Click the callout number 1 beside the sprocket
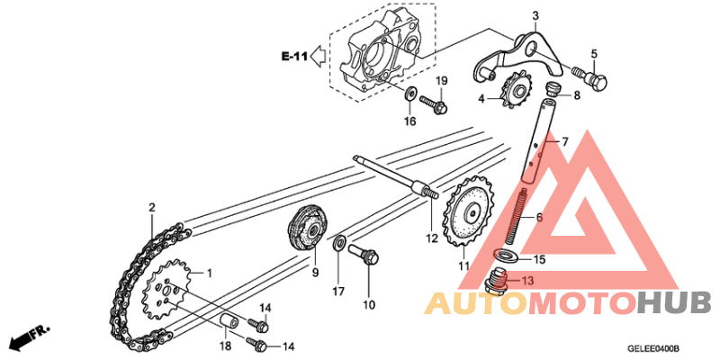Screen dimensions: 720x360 click(x=210, y=274)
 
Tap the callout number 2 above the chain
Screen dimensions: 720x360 click(x=151, y=208)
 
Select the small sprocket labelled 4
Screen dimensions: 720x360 click(x=514, y=89)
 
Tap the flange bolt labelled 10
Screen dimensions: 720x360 click(x=364, y=255)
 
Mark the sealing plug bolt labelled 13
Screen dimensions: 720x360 click(x=497, y=281)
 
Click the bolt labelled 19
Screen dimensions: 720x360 click(x=434, y=103)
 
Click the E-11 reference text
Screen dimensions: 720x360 click(x=294, y=57)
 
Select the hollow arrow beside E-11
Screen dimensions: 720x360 click(x=319, y=56)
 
